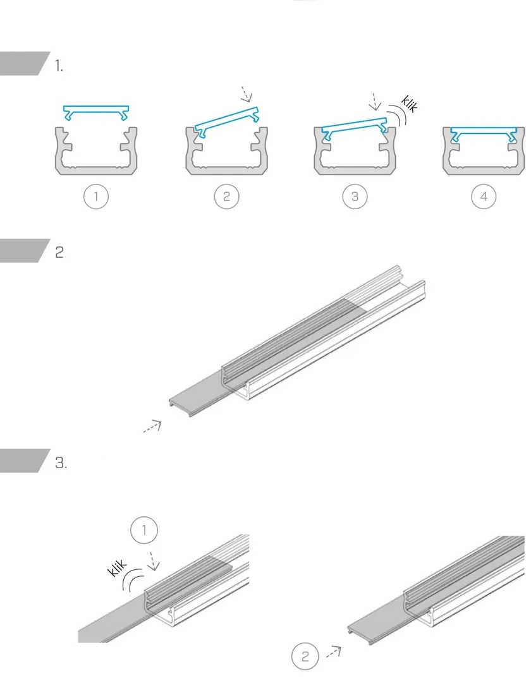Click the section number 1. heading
click(x=59, y=66)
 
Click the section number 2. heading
click(x=59, y=253)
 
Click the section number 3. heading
click(x=60, y=463)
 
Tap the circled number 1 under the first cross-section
click(x=96, y=196)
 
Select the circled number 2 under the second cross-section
click(x=227, y=196)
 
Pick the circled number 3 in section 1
click(x=355, y=196)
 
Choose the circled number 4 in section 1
click(x=484, y=196)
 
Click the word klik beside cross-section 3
click(x=409, y=104)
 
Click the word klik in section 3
click(x=117, y=568)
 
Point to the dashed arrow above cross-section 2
click(x=247, y=94)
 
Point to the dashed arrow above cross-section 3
click(x=375, y=102)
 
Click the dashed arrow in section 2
click(x=152, y=426)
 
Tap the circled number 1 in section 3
click(x=144, y=529)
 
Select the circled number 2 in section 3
click(x=305, y=656)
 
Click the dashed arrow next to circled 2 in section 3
click(x=334, y=652)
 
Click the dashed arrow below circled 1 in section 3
click(x=153, y=561)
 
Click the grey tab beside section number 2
click(x=25, y=250)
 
